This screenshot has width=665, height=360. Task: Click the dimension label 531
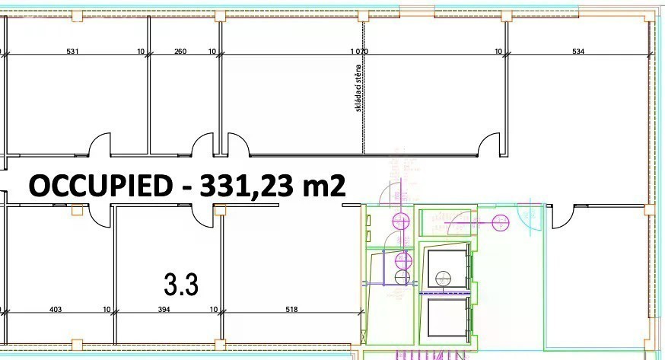click(72, 51)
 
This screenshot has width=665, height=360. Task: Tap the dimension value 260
click(180, 51)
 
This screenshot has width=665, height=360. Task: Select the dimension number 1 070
click(359, 51)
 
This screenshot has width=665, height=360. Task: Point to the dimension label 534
click(578, 51)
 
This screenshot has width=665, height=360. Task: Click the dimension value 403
click(56, 310)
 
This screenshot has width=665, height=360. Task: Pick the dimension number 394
click(164, 310)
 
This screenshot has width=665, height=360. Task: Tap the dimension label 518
click(291, 310)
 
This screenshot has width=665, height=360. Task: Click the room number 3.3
click(181, 284)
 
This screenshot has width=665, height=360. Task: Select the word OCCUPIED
click(101, 186)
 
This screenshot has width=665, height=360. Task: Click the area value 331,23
click(247, 186)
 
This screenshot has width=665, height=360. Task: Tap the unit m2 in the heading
click(323, 186)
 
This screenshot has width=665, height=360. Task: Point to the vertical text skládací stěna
click(358, 88)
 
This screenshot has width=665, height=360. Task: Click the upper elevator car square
click(447, 269)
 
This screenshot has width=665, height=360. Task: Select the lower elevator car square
click(447, 317)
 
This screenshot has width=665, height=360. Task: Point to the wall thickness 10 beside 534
click(499, 51)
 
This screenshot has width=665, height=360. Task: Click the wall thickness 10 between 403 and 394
click(107, 310)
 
